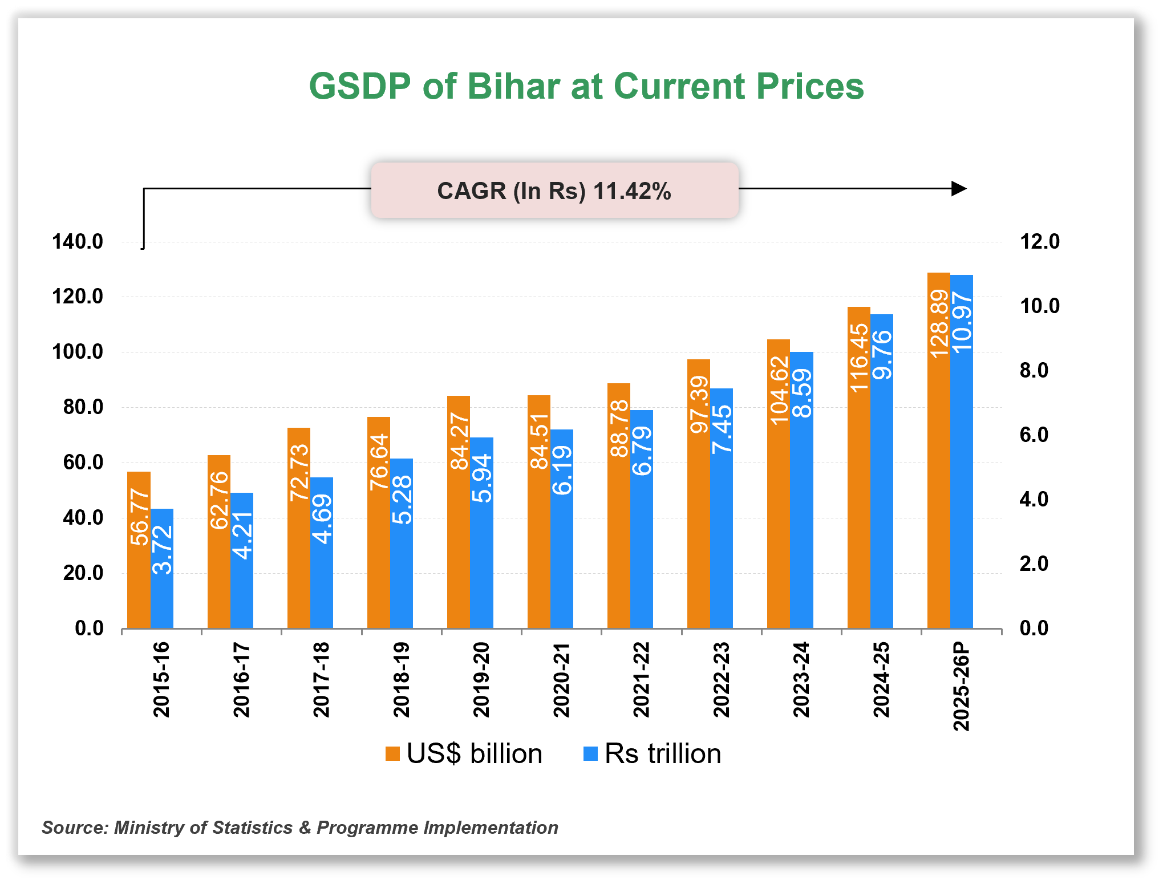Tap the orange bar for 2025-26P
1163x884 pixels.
click(938, 485)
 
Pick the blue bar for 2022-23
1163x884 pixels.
click(722, 542)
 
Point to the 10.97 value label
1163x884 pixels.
click(962, 323)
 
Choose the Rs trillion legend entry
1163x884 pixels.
click(653, 754)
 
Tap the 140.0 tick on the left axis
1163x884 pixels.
click(78, 242)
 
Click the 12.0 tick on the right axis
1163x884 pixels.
click(1039, 242)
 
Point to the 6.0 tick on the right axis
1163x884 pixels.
click(1034, 435)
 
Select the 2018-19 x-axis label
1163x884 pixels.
click(402, 679)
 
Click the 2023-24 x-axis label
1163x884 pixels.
click(801, 679)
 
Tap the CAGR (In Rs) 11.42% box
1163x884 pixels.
click(554, 190)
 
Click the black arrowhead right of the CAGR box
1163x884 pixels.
click(959, 189)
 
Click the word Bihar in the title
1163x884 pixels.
click(513, 87)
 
